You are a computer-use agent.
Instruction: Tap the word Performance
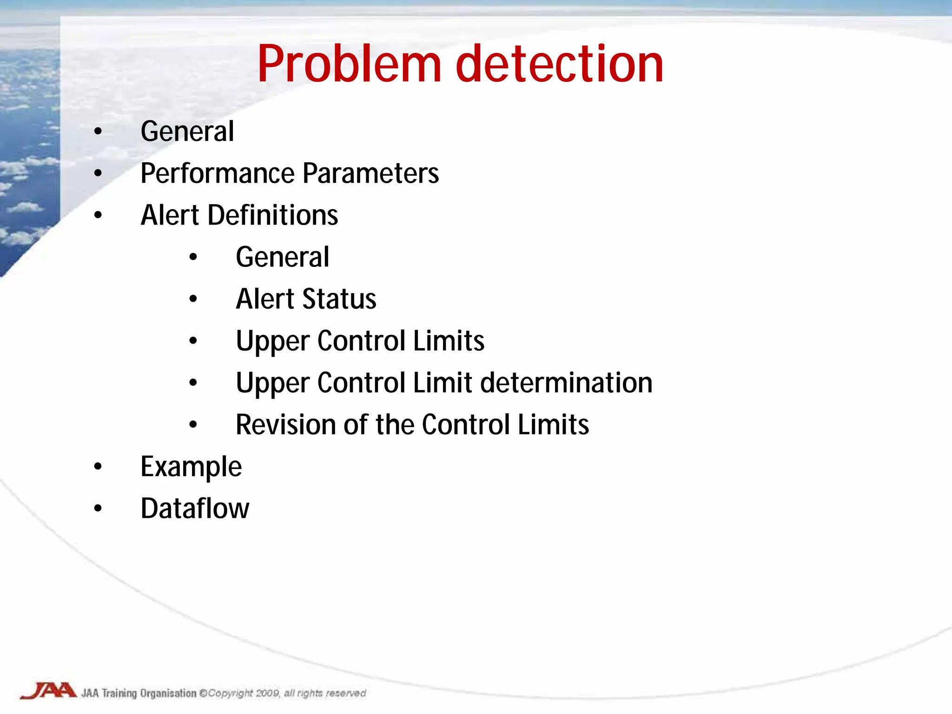(x=217, y=173)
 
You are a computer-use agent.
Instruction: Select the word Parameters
(x=370, y=173)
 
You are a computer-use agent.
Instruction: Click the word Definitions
(x=272, y=215)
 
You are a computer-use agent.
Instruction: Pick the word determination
(x=566, y=383)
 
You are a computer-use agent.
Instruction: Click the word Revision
(x=285, y=424)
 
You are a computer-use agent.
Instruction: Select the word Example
(x=191, y=467)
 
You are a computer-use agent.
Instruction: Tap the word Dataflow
(x=195, y=508)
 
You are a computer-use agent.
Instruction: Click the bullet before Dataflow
(x=98, y=509)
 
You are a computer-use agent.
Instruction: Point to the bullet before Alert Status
(x=193, y=299)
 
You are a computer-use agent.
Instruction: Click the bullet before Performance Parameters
(x=98, y=173)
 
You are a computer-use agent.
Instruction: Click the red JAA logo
(x=48, y=691)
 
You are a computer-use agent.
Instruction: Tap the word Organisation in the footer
(x=168, y=693)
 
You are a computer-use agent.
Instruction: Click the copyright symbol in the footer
(x=203, y=693)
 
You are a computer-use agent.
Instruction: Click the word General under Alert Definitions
(x=282, y=257)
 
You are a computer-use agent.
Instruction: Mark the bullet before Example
(x=98, y=467)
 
